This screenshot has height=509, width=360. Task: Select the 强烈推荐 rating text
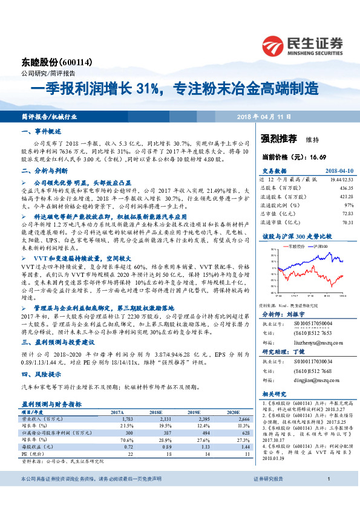[x=279, y=138]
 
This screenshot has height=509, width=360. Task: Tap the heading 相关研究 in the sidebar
[x=273, y=394]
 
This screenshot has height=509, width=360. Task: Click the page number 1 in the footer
[x=327, y=496]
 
